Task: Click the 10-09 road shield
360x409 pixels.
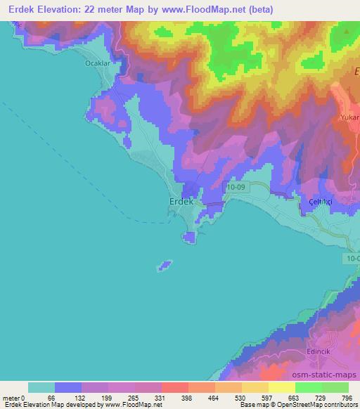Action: [x=236, y=187]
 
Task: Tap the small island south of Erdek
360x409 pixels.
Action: [x=164, y=266]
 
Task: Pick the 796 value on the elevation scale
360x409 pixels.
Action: [x=346, y=398]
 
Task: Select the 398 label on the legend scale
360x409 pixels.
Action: [x=186, y=398]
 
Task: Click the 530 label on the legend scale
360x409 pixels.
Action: [x=240, y=398]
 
